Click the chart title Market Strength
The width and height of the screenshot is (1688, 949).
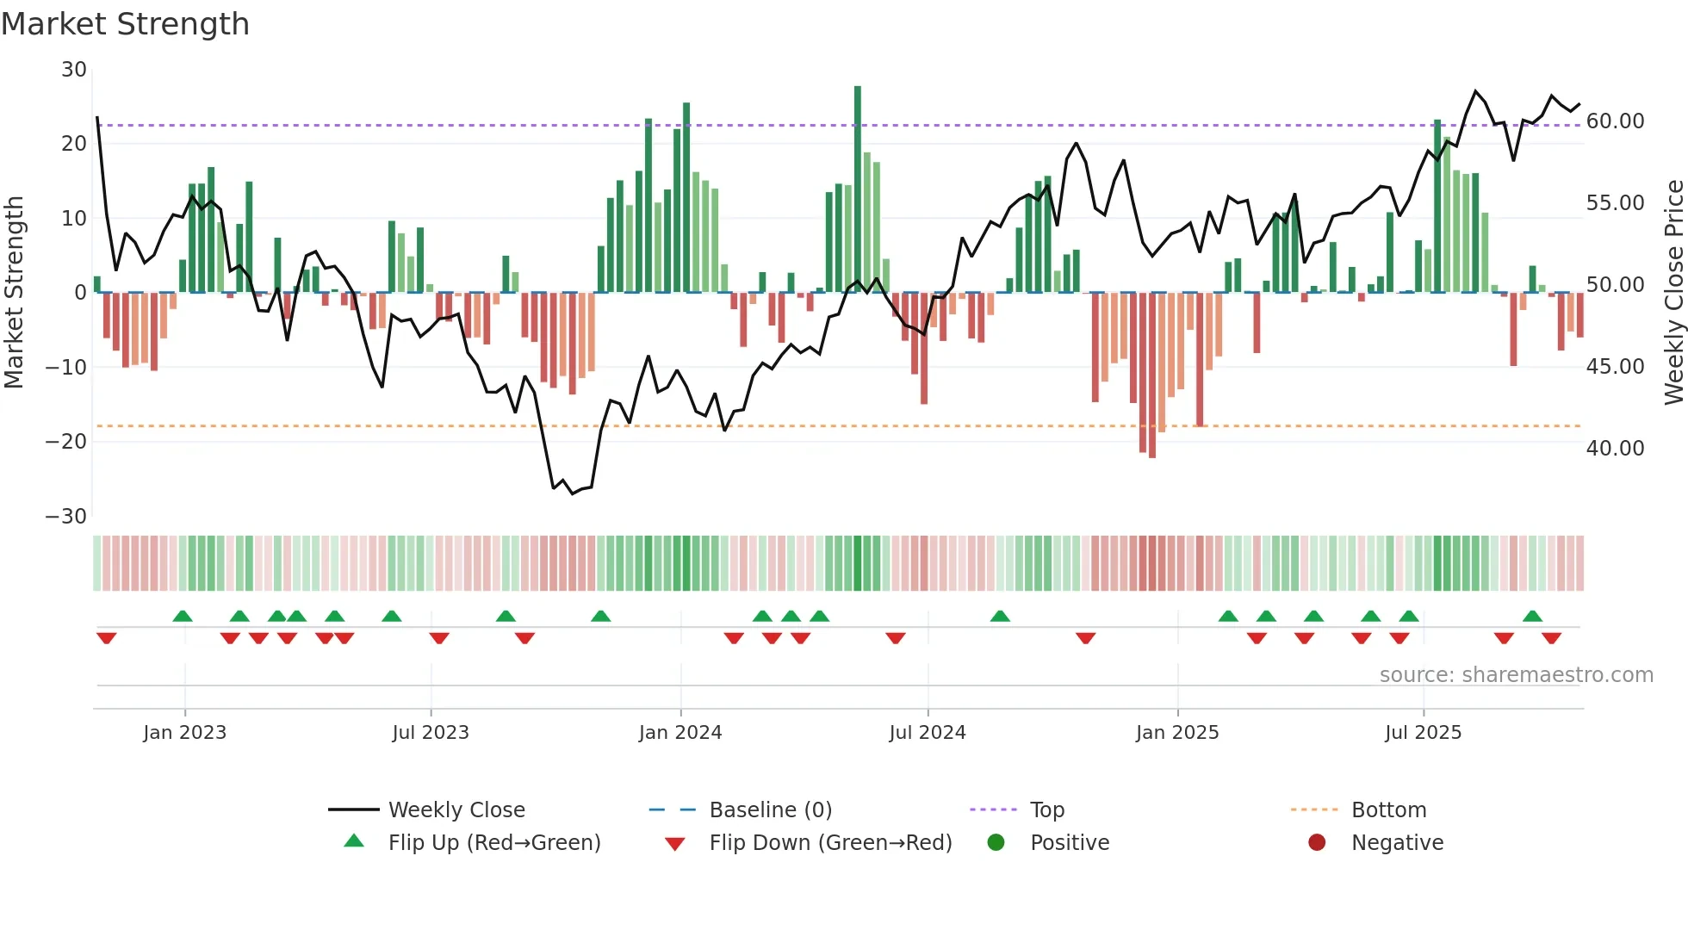pyautogui.click(x=125, y=24)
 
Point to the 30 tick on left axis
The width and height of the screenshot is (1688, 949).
pyautogui.click(x=74, y=70)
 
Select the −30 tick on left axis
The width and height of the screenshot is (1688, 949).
pyautogui.click(x=66, y=517)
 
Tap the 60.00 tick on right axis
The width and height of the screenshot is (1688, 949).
pyautogui.click(x=1615, y=121)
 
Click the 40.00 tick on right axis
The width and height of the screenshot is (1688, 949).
pyautogui.click(x=1615, y=449)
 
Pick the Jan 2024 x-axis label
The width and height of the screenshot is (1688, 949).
pyautogui.click(x=680, y=733)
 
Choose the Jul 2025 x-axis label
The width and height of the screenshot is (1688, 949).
pyautogui.click(x=1423, y=733)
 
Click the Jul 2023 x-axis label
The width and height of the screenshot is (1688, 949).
pyautogui.click(x=430, y=733)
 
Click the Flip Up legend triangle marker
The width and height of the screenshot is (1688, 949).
pyautogui.click(x=354, y=841)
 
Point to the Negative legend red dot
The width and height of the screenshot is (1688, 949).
pyautogui.click(x=1316, y=842)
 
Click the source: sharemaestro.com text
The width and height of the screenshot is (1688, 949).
pyautogui.click(x=1516, y=675)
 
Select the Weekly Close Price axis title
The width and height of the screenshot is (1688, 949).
pyautogui.click(x=1673, y=293)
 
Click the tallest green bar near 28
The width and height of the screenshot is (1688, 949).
pyautogui.click(x=857, y=189)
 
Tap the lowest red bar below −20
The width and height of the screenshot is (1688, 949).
pyautogui.click(x=1152, y=375)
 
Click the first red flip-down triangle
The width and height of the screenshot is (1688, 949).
pyautogui.click(x=107, y=638)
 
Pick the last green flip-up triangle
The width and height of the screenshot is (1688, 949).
pyautogui.click(x=1532, y=616)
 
